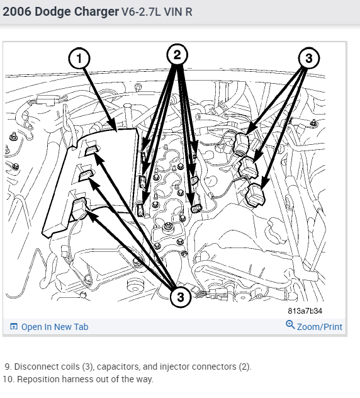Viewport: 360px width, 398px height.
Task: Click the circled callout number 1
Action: (x=79, y=59)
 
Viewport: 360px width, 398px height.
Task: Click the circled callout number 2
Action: (x=177, y=55)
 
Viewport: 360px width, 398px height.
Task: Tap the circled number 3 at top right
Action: (x=309, y=58)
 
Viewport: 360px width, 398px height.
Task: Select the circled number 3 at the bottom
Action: (x=180, y=297)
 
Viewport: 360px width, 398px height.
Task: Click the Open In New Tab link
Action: (x=55, y=327)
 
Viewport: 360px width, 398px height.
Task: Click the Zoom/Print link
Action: (x=320, y=327)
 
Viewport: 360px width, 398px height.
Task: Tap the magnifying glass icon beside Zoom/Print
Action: (x=290, y=325)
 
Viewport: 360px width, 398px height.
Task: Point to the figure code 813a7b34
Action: (x=305, y=311)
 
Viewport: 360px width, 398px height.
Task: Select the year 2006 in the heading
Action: (x=17, y=12)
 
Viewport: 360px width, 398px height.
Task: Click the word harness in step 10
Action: (x=76, y=379)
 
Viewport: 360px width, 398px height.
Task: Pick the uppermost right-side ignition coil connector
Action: (x=242, y=144)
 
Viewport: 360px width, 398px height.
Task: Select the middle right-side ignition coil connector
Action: (x=249, y=168)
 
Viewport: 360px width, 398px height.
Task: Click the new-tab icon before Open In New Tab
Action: (x=14, y=327)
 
